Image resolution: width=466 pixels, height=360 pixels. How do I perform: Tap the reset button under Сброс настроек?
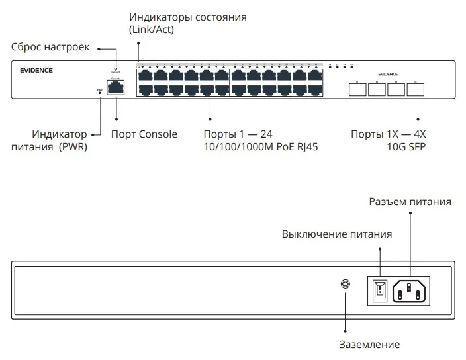(x=116, y=68)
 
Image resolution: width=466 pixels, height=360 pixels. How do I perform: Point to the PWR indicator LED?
(x=100, y=93)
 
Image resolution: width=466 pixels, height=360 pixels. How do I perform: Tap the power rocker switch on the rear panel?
(x=380, y=290)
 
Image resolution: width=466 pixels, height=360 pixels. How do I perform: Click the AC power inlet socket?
(x=411, y=290)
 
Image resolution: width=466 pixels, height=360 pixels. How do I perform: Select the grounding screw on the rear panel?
(x=345, y=284)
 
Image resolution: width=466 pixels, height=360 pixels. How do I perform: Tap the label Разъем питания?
(x=410, y=202)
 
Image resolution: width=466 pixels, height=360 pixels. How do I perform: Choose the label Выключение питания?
(x=337, y=234)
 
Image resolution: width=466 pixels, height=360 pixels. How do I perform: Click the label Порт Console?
(x=144, y=134)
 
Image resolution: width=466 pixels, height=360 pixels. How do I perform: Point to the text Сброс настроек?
(x=50, y=48)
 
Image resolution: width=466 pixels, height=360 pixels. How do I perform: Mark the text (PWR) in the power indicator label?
(x=73, y=148)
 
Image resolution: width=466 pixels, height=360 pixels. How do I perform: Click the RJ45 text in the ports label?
(x=306, y=148)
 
